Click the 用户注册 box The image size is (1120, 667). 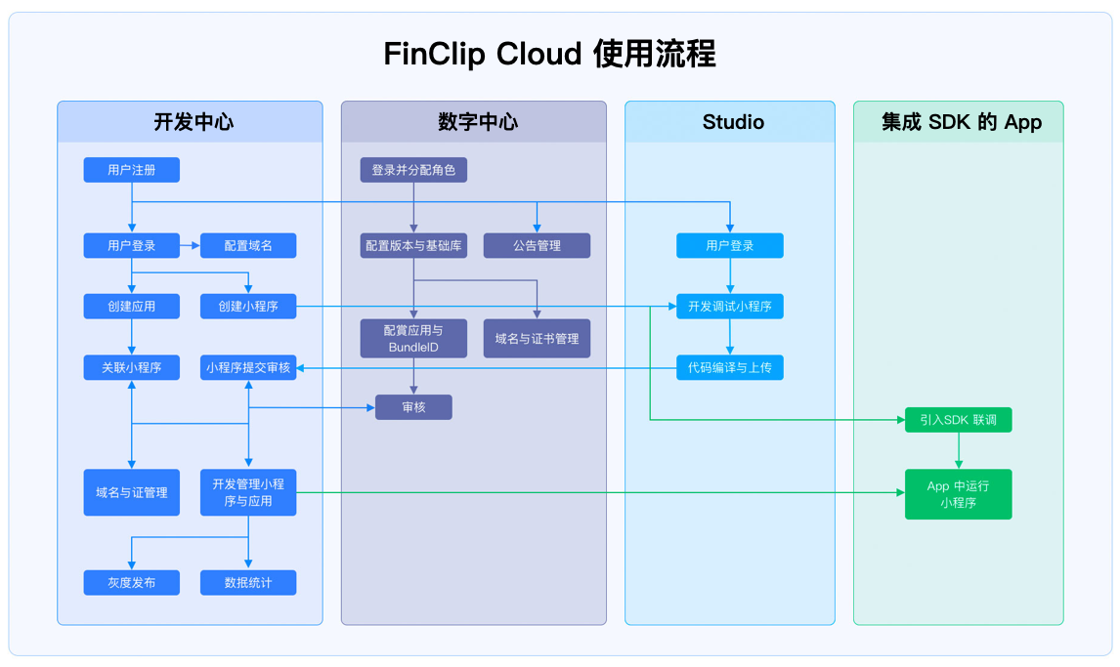(x=131, y=170)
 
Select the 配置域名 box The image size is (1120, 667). (x=248, y=246)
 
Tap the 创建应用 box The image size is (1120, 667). (x=131, y=307)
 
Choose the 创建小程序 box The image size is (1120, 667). (x=248, y=307)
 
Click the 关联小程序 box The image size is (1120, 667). (x=131, y=368)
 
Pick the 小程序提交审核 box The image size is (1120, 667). (x=248, y=368)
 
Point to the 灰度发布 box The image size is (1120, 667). (x=131, y=583)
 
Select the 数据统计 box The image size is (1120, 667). (x=248, y=583)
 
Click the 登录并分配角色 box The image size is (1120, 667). (x=413, y=170)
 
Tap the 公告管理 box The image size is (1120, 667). (x=537, y=246)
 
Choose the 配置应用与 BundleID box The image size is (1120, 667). (x=413, y=338)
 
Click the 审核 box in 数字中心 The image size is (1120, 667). (x=413, y=407)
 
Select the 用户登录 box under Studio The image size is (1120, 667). (x=729, y=246)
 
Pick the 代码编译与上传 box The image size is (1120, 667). (x=729, y=368)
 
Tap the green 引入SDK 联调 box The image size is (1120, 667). (x=958, y=420)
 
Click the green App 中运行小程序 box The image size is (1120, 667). (x=958, y=494)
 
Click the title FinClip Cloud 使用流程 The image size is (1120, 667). (x=549, y=54)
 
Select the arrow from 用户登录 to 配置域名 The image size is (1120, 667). (x=190, y=246)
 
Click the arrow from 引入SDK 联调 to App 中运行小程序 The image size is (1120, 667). (x=958, y=451)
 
